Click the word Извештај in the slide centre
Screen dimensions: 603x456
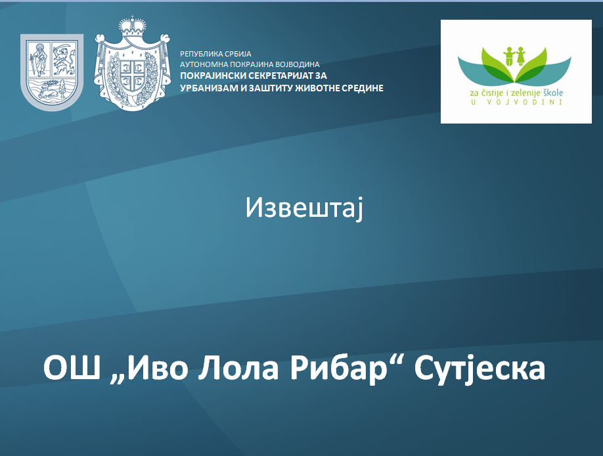point(304,208)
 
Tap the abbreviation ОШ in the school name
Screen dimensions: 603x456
point(72,368)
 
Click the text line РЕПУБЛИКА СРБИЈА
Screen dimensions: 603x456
point(215,54)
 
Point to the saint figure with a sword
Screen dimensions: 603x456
point(39,59)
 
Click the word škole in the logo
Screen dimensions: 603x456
point(552,93)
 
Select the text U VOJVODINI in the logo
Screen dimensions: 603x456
point(516,103)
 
